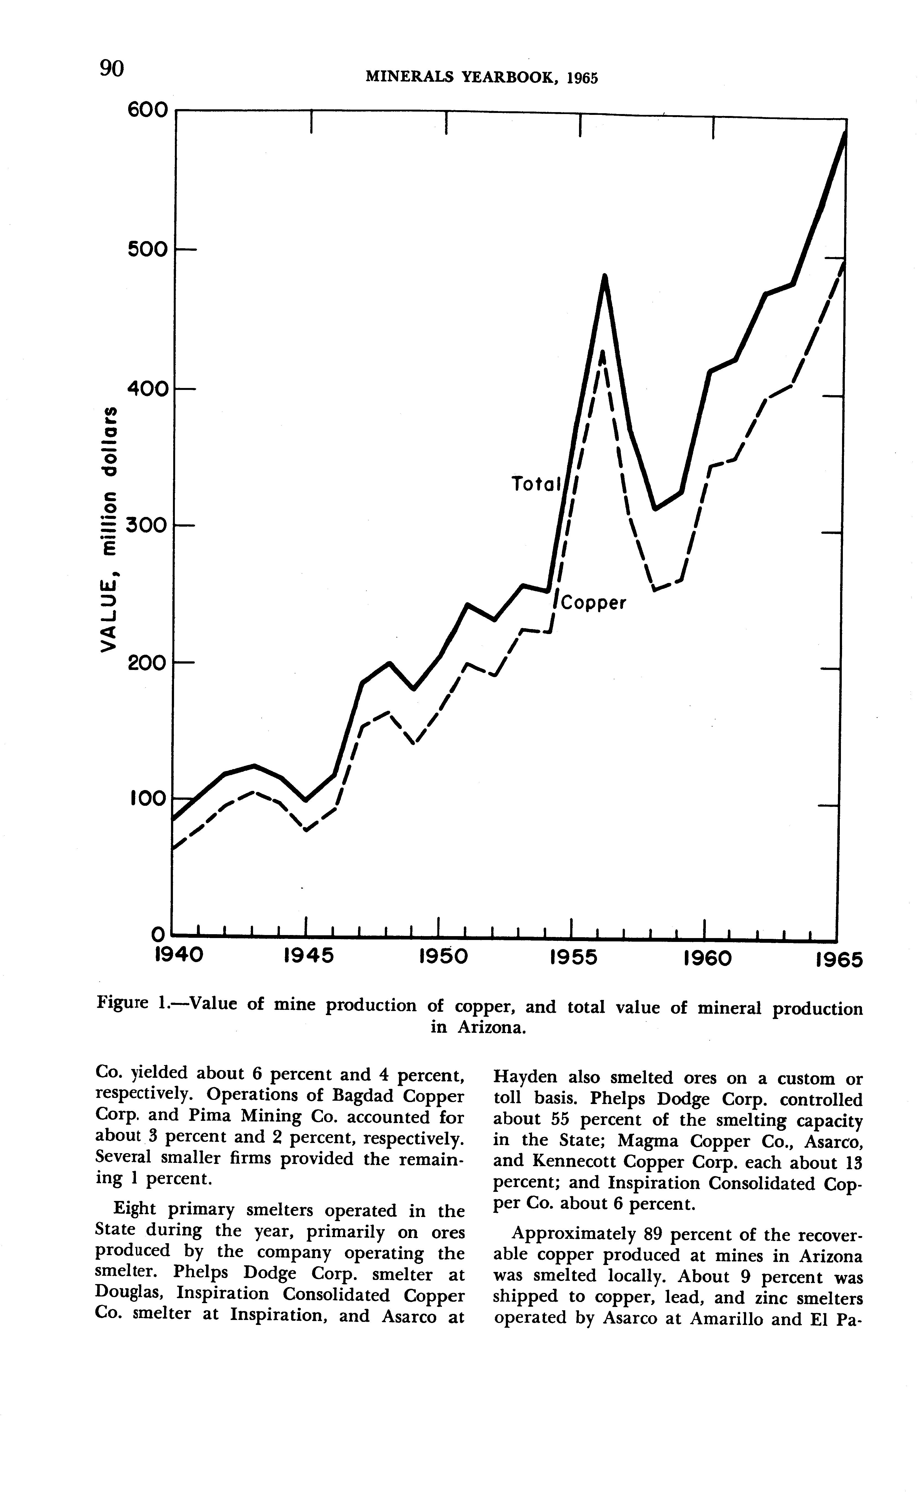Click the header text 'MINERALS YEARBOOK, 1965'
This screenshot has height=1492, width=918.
pos(482,78)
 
